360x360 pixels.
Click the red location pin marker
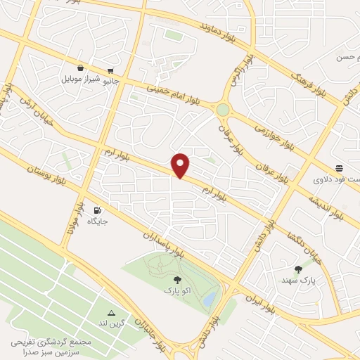click(181, 165)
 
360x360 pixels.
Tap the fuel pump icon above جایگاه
click(97, 210)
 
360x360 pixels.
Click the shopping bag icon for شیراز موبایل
click(81, 68)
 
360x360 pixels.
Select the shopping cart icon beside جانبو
click(111, 70)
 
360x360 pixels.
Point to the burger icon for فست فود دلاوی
click(340, 168)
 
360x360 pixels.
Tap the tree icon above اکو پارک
click(176, 280)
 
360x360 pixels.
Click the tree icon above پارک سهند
click(298, 269)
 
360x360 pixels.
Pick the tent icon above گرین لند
click(111, 313)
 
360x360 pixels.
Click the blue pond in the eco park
click(209, 300)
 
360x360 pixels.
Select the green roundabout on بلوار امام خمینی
click(224, 110)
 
